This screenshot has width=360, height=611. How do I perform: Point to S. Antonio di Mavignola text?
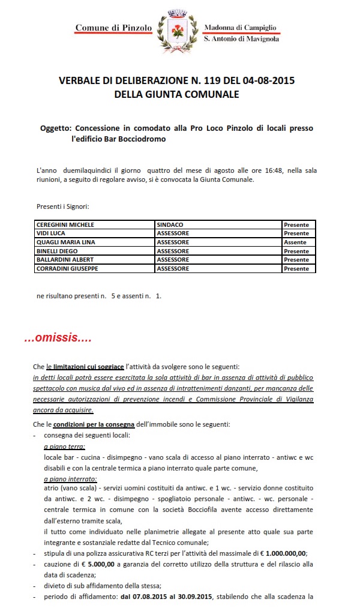click(241, 39)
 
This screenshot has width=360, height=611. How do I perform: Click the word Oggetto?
click(56, 128)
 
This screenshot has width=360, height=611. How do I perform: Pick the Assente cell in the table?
click(295, 242)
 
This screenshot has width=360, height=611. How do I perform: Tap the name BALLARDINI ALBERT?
click(65, 260)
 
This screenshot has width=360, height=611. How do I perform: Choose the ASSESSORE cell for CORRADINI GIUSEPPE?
click(173, 269)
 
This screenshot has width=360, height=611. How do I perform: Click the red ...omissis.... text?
click(58, 339)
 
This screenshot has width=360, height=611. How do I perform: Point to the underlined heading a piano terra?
click(64, 448)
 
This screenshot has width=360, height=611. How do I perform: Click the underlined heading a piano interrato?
click(71, 479)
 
